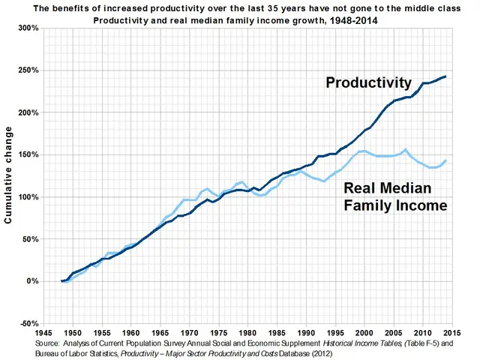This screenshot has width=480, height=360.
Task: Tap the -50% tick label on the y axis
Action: pyautogui.click(x=28, y=323)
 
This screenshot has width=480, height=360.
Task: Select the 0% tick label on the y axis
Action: pyautogui.click(x=31, y=281)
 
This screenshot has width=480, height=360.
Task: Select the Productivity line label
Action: pyautogui.click(x=368, y=82)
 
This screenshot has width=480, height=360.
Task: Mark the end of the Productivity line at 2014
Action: pyautogui.click(x=446, y=76)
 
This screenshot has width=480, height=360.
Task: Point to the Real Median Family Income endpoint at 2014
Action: pyautogui.click(x=446, y=160)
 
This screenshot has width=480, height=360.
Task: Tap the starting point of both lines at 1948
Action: pyautogui.click(x=62, y=281)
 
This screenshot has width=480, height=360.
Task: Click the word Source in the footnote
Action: pyautogui.click(x=48, y=342)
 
